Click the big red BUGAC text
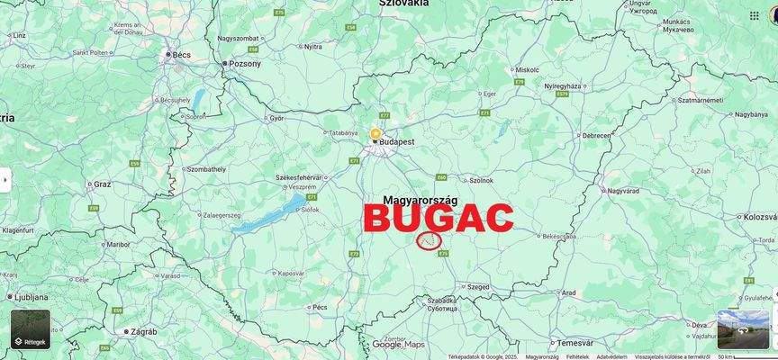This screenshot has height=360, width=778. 439,219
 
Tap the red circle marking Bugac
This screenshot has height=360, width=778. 430,240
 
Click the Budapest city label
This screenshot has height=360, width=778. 396,142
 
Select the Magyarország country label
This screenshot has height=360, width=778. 421,199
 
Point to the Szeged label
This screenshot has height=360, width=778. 478,287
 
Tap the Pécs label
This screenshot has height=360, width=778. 319,307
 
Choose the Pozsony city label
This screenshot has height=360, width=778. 245,64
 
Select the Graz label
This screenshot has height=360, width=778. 103,184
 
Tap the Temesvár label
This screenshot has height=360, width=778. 574,342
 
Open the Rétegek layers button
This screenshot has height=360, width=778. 31,329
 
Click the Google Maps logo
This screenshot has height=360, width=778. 398,344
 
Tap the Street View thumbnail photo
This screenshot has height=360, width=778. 743,329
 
